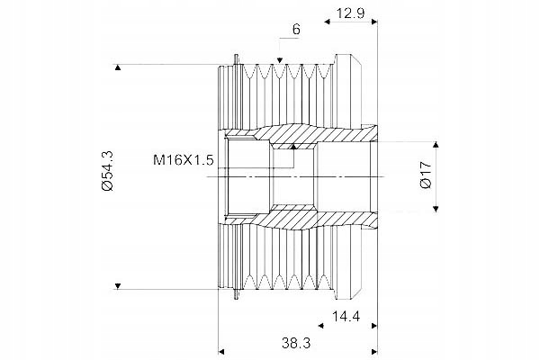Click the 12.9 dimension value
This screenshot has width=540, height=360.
350,13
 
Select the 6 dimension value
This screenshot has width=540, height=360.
296,30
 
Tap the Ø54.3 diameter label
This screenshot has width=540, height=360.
108,171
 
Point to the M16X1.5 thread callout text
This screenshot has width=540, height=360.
184,160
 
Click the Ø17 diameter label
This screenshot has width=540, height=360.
426,175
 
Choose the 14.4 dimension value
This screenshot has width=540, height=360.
346,316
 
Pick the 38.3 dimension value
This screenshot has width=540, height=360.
296,343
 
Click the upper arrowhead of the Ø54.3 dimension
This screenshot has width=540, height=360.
118,67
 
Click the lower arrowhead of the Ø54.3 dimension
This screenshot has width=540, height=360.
118,286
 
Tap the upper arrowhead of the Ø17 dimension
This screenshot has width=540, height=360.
436,144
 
